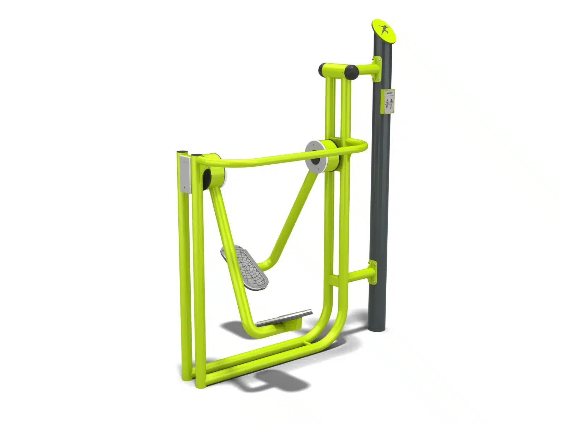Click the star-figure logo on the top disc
(383, 29)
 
